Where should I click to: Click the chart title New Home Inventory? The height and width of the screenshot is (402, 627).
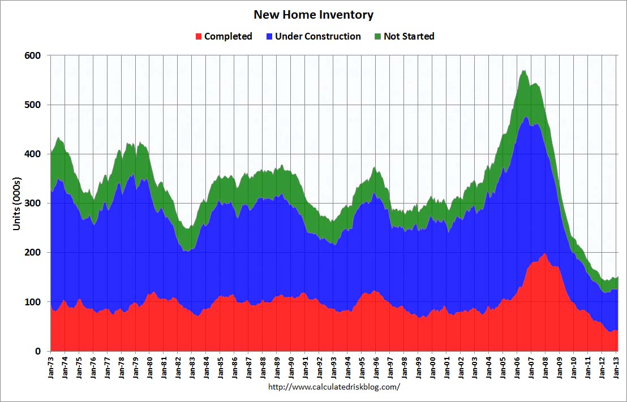[x=313, y=15]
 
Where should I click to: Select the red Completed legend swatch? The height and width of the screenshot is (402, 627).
[x=198, y=37]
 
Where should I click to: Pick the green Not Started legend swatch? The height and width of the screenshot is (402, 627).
[x=377, y=37]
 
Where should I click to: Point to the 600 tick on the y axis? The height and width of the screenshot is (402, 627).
[x=33, y=55]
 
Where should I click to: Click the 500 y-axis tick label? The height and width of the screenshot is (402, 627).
[x=33, y=105]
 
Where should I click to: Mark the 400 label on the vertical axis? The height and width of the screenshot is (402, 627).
[x=33, y=154]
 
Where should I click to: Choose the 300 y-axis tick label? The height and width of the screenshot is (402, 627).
[x=33, y=203]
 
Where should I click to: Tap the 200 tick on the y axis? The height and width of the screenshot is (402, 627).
[x=33, y=252]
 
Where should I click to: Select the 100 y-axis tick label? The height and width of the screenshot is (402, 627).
[x=33, y=302]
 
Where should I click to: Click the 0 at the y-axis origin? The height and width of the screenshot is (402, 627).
[x=38, y=351]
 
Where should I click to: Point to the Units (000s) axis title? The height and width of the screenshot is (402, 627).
[x=18, y=203]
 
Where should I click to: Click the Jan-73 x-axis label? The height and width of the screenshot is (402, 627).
[x=50, y=366]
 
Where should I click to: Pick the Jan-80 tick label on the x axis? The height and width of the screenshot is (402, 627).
[x=150, y=366]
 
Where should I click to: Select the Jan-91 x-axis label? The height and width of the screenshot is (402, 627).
[x=306, y=366]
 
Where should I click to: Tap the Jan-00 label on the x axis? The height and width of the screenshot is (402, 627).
[x=433, y=366]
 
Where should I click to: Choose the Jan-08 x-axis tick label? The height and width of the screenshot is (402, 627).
[x=547, y=366]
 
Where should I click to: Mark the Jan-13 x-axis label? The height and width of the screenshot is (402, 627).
[x=617, y=366]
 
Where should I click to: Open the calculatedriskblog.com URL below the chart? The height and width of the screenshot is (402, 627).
[x=334, y=387]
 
